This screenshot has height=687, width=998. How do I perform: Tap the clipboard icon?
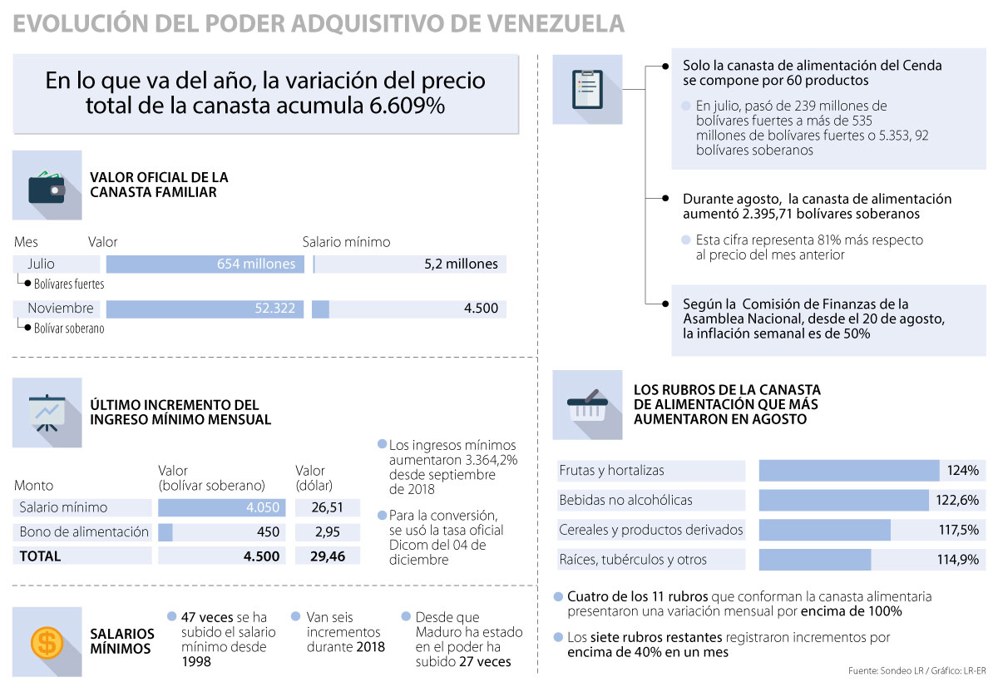click(x=587, y=89)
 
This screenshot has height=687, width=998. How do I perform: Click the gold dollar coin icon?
click(x=47, y=641)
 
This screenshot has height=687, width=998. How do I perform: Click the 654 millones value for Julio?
click(x=256, y=264)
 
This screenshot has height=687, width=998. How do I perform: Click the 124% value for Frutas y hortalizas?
click(x=962, y=471)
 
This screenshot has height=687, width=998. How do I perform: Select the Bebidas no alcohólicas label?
click(x=625, y=501)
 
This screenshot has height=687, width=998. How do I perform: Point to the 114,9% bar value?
click(x=957, y=560)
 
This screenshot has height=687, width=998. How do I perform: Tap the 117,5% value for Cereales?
click(x=957, y=530)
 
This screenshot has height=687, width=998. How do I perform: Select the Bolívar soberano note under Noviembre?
click(x=69, y=329)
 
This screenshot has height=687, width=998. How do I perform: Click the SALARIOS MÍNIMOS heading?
click(x=121, y=640)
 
